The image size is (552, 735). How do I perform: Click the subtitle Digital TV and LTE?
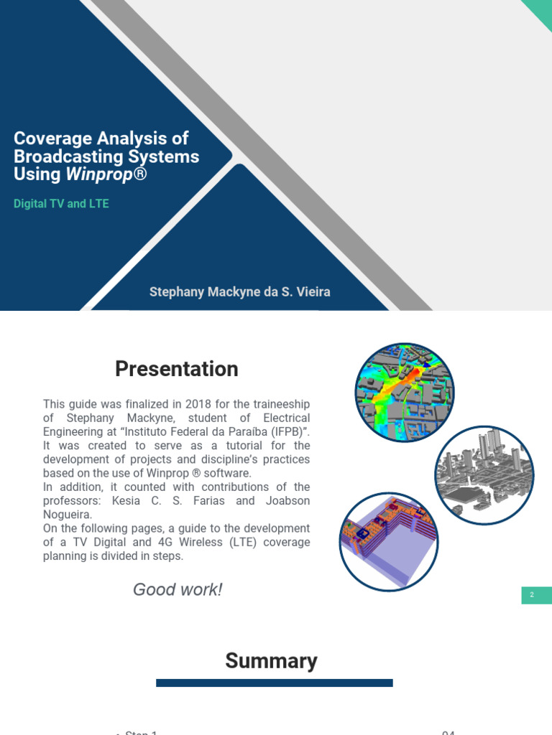(61, 204)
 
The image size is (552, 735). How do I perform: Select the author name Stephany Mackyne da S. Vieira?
(239, 292)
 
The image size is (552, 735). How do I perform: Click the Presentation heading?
(176, 369)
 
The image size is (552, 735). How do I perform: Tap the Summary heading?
(271, 660)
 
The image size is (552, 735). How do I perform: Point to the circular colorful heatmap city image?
(404, 393)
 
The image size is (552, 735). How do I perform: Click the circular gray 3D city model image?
(484, 475)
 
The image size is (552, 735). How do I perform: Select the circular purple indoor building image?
(388, 541)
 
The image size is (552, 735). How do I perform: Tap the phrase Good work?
(178, 590)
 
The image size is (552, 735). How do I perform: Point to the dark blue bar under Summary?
(274, 683)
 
